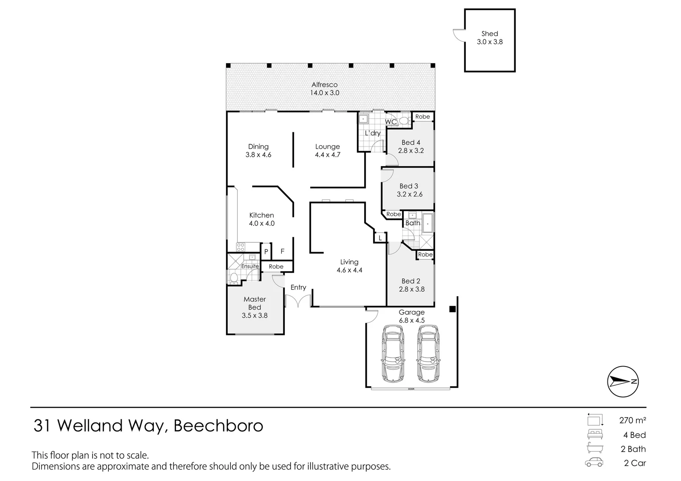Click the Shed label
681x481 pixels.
(x=489, y=33)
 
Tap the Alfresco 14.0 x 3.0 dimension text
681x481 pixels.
(x=324, y=93)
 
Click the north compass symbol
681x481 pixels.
(x=623, y=382)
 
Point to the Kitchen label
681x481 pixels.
(x=261, y=215)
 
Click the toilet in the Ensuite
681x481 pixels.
(x=234, y=277)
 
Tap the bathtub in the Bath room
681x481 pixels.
(x=428, y=223)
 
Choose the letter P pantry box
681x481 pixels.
(x=266, y=252)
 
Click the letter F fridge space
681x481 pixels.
(x=282, y=252)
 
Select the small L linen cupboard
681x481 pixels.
(x=380, y=238)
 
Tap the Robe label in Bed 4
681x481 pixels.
(x=423, y=117)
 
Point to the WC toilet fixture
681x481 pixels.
(x=403, y=120)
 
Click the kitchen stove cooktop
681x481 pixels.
(x=241, y=247)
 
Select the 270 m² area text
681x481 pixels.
(x=632, y=420)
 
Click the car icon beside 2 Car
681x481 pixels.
(x=594, y=463)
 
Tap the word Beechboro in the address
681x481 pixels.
(x=218, y=426)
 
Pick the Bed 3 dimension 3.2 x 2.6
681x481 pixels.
(x=409, y=194)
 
